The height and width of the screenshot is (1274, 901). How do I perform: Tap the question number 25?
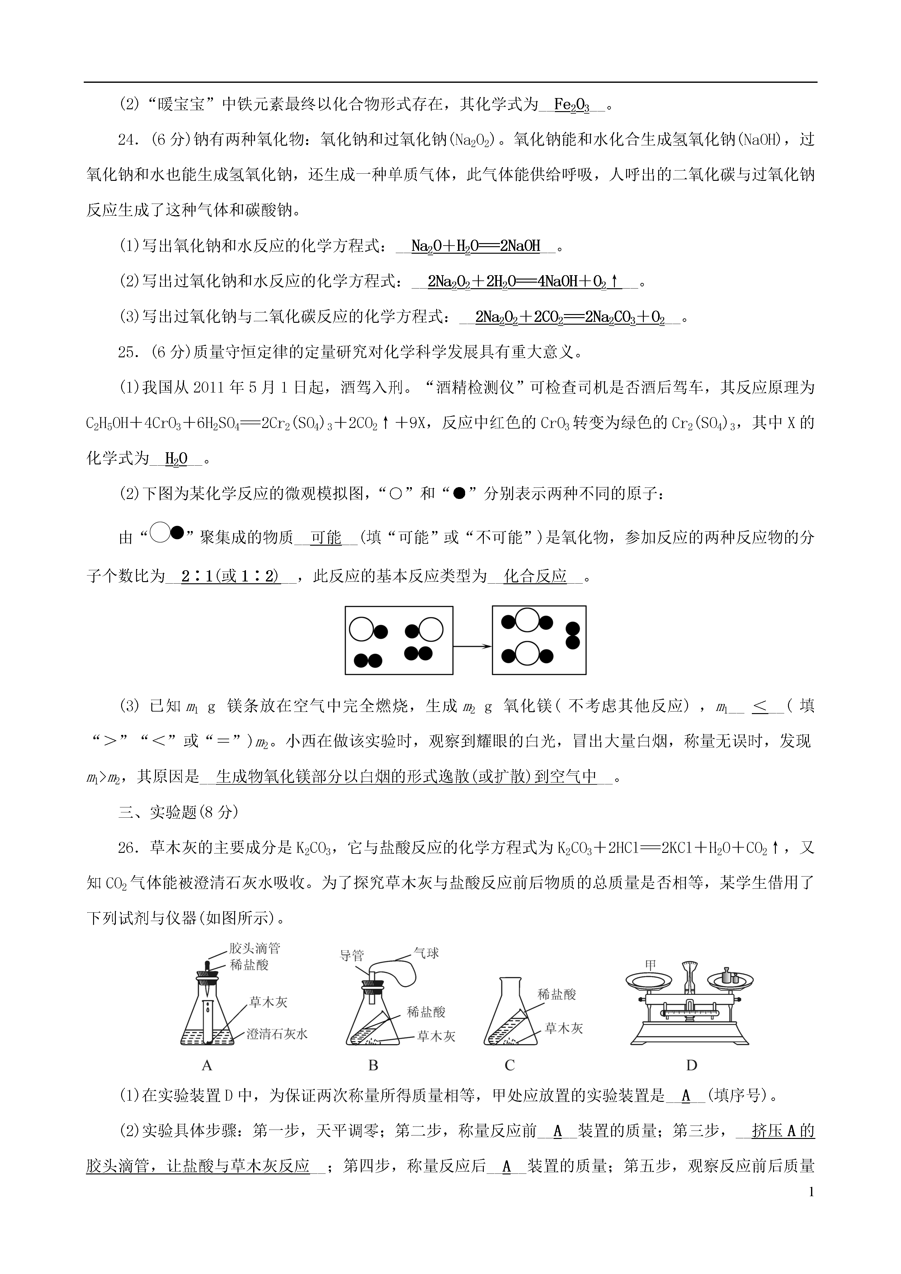(129, 352)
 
